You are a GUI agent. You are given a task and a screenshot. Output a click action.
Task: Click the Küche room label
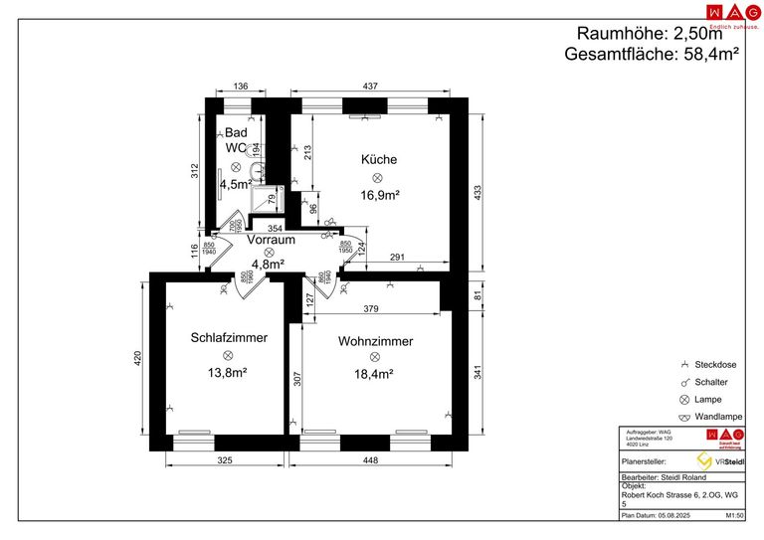[379, 159]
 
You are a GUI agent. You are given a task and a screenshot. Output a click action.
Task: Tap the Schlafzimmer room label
[229, 337]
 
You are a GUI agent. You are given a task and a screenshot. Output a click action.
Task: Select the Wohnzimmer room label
[375, 340]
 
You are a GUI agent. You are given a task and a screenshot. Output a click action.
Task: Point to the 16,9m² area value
[379, 196]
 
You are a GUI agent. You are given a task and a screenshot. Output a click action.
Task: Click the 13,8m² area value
[227, 373]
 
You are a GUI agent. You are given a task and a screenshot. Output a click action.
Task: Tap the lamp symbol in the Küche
[378, 177]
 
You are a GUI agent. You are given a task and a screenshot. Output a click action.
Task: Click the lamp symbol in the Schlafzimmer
[228, 355]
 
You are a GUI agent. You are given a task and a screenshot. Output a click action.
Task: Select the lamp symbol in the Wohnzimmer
[374, 357]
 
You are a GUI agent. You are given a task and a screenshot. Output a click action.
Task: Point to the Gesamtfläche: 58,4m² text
[651, 55]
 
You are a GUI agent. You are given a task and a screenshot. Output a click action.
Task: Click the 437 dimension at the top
[370, 88]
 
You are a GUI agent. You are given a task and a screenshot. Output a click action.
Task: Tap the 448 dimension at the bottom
[370, 459]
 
